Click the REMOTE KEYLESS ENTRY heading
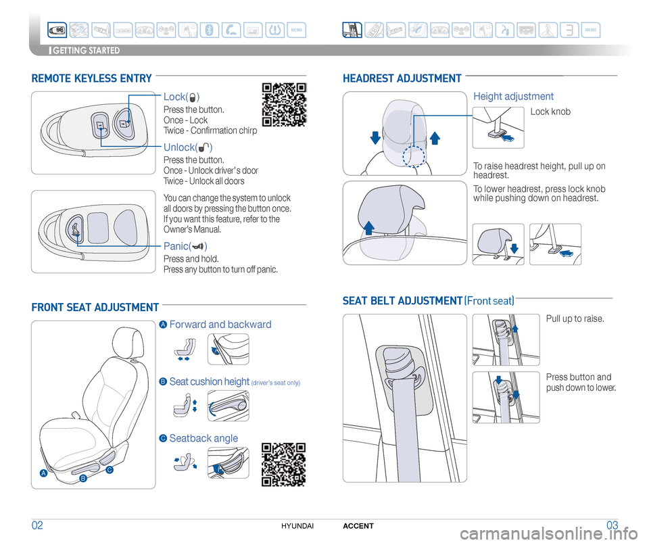[x=91, y=79]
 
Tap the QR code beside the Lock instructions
[x=284, y=104]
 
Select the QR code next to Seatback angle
[x=284, y=464]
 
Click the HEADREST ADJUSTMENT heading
[x=402, y=79]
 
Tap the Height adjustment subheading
[x=513, y=97]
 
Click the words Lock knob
[x=550, y=112]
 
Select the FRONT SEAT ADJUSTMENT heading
[x=95, y=308]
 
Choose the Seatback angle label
[x=203, y=438]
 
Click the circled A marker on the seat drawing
[x=43, y=473]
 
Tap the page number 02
[x=39, y=526]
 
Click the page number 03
[x=612, y=526]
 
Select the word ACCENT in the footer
[x=358, y=526]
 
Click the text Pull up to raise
[x=575, y=318]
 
